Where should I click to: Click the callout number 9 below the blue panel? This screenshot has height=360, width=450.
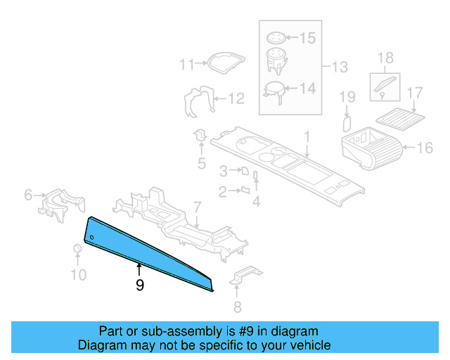140,285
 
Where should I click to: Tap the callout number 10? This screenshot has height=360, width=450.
79,274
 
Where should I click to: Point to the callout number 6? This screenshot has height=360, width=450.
29,195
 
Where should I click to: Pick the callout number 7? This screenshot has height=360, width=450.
198,207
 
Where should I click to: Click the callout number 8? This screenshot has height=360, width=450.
237,306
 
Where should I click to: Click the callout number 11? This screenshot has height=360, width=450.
186,65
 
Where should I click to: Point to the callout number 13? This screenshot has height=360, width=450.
340,67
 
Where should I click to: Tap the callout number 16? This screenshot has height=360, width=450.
425,148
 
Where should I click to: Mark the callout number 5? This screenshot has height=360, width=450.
201,165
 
